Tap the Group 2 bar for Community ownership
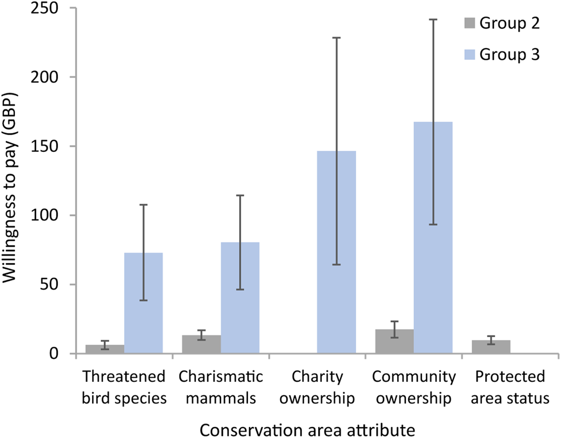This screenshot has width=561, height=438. click(394, 342)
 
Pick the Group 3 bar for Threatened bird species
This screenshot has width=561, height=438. click(144, 303)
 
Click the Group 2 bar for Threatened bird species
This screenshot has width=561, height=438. click(105, 349)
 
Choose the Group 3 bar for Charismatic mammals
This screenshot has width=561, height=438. click(240, 298)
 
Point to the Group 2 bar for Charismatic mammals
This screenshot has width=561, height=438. click(202, 345)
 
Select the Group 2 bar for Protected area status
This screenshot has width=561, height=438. click(491, 347)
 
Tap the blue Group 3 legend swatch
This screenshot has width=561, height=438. click(468, 56)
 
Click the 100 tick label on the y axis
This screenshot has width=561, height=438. click(50, 216)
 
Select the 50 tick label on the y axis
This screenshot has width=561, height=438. click(55, 285)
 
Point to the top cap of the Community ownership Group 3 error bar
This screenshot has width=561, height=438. click(433, 19)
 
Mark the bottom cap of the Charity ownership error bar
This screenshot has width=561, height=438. click(337, 264)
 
